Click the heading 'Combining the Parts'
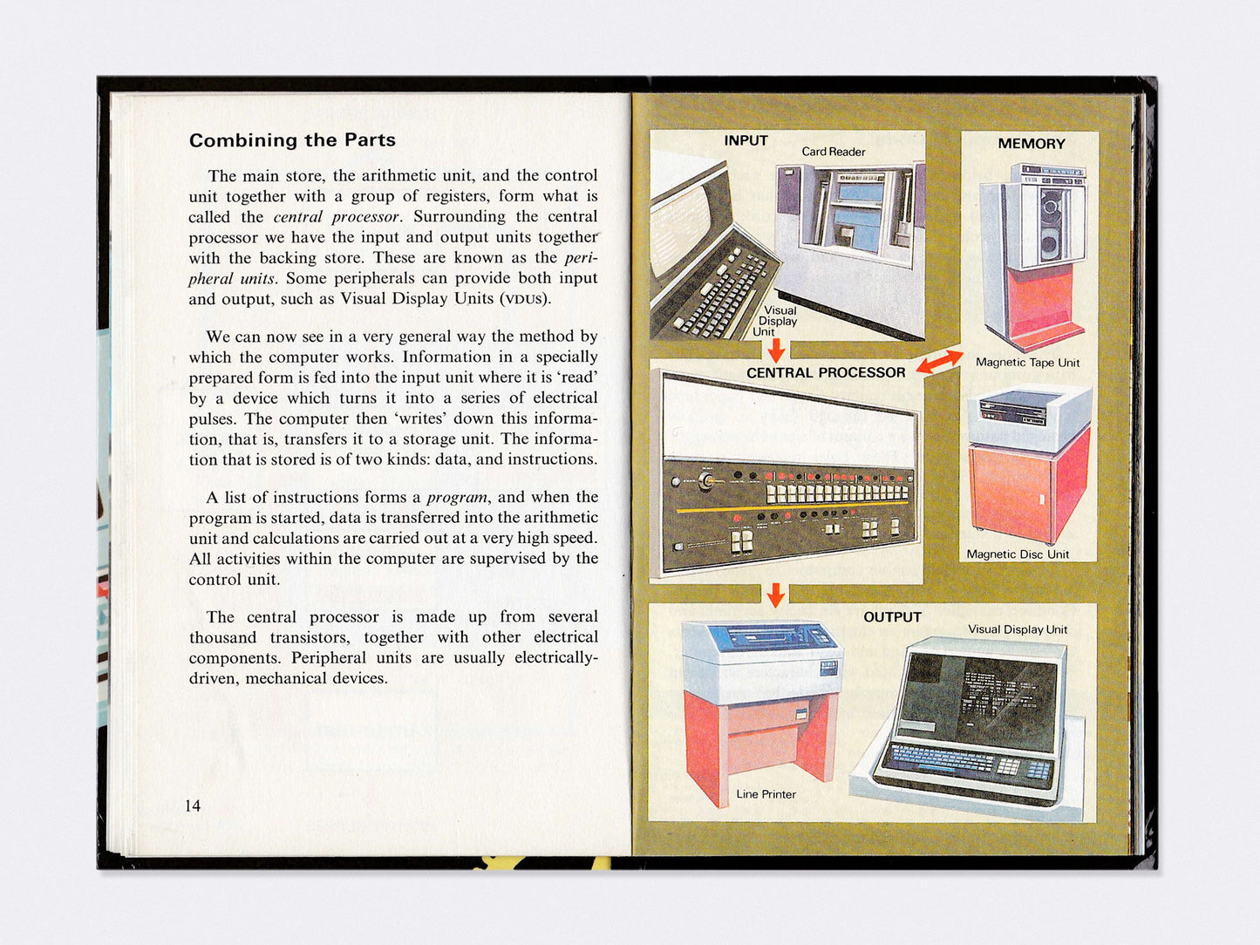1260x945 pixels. click(292, 140)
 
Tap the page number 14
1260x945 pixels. click(193, 806)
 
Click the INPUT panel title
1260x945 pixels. click(746, 140)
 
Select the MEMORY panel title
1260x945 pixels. click(1031, 144)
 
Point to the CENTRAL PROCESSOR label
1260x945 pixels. click(825, 372)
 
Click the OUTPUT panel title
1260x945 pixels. click(892, 617)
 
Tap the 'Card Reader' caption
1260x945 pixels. click(833, 152)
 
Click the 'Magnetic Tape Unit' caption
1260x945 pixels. click(1027, 363)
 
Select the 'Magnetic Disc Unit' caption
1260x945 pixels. click(1017, 554)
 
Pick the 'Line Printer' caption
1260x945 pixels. click(766, 794)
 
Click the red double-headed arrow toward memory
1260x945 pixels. click(939, 362)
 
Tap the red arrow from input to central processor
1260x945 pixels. click(776, 350)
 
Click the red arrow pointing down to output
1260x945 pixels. click(775, 595)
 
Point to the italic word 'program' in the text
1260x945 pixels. click(457, 498)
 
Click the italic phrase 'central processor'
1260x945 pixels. click(336, 217)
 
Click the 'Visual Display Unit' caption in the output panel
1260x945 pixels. click(1017, 629)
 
